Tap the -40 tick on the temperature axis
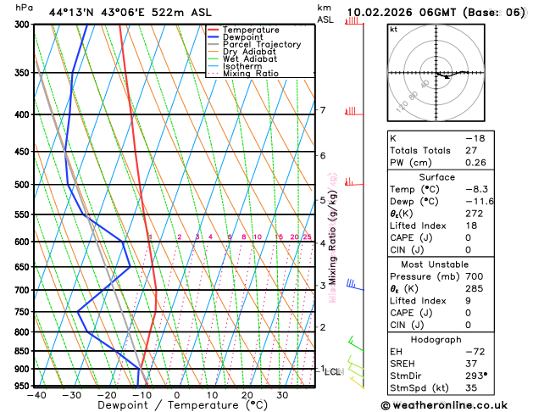[x=36, y=395]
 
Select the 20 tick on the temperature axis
[x=247, y=395]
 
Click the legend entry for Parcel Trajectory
[x=262, y=44]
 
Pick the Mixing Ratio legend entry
[x=251, y=73]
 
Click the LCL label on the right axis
[x=333, y=372]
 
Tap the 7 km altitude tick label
[x=323, y=110]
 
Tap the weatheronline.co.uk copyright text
[x=458, y=404]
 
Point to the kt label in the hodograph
[x=393, y=29]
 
